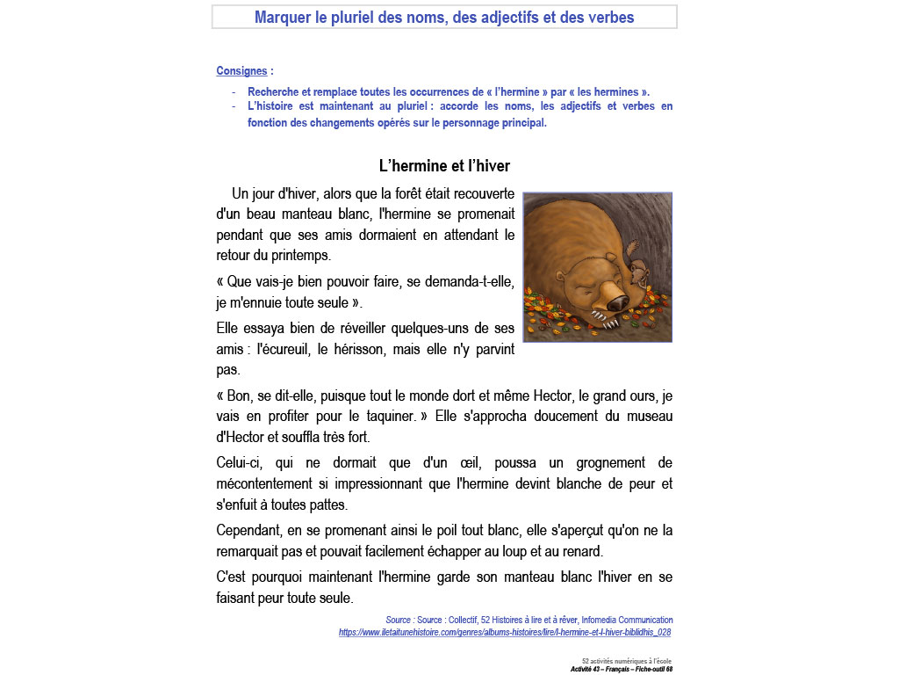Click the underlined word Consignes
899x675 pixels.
(241, 71)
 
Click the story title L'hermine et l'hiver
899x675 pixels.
(444, 165)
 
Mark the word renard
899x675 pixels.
(580, 551)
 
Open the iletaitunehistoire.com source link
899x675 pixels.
(505, 632)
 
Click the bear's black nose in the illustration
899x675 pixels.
(617, 303)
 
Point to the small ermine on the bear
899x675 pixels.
(638, 270)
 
